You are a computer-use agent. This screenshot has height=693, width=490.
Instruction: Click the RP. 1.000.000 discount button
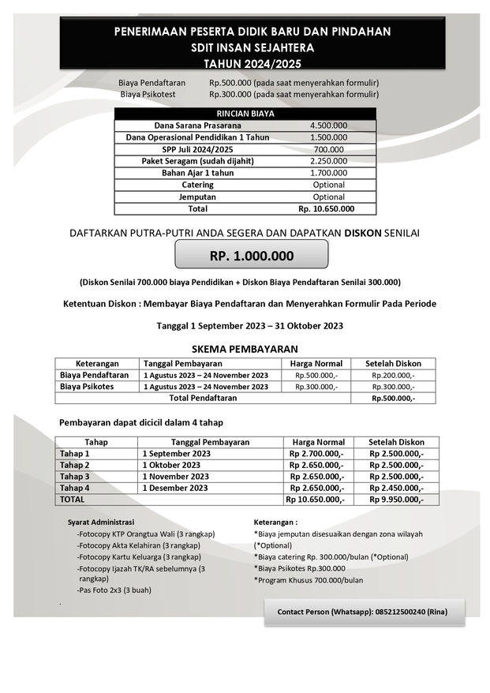(251, 256)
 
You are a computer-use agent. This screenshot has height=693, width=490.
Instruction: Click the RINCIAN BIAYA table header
(245, 114)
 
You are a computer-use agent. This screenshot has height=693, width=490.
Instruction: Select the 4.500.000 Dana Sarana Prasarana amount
(328, 125)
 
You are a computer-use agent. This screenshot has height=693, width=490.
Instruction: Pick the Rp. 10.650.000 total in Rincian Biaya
(326, 208)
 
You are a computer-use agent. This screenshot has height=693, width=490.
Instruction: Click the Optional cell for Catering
(328, 185)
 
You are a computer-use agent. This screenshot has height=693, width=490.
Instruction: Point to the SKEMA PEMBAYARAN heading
(245, 348)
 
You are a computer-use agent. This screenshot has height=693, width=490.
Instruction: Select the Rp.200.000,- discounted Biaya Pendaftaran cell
(393, 375)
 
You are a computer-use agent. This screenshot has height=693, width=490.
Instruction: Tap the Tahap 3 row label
(75, 477)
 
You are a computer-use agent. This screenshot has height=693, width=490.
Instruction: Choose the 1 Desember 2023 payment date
(175, 488)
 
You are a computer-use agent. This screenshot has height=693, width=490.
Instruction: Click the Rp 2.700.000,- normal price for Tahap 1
(316, 454)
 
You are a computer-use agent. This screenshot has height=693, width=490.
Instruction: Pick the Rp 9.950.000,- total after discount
(396, 500)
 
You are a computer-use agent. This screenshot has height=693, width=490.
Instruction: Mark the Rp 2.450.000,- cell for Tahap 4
(396, 488)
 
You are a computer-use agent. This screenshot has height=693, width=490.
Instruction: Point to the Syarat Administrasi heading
(101, 522)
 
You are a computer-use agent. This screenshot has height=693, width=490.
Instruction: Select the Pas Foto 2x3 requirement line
(114, 590)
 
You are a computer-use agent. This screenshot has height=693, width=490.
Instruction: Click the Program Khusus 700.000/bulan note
(309, 579)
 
